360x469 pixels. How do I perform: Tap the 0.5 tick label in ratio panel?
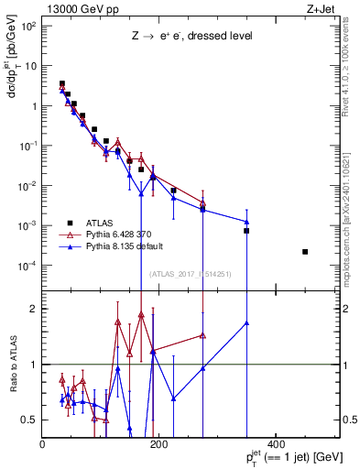tap(29, 420)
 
